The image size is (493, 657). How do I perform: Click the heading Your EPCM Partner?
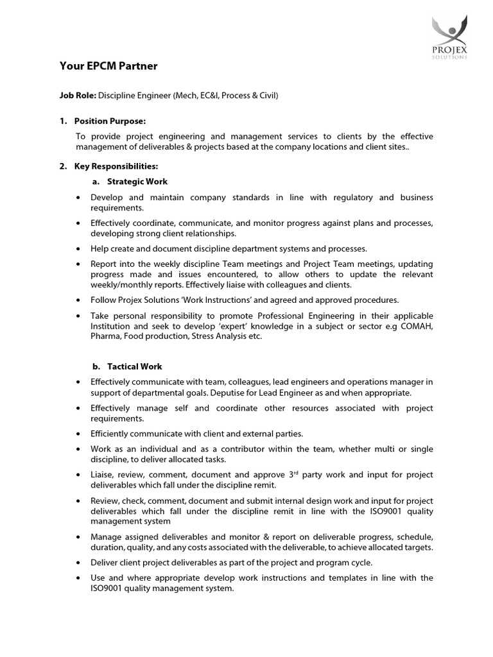108,66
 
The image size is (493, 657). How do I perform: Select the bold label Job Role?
78,96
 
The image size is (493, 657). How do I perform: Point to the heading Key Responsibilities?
116,166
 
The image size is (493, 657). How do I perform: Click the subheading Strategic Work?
137,182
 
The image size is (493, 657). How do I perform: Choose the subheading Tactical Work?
135,366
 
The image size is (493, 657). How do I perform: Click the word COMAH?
416,327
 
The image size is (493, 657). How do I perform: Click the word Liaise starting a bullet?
103,475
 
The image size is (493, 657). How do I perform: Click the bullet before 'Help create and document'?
78,248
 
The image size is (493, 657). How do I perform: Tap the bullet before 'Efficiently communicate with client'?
78,434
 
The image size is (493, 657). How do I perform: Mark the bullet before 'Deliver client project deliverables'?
78,563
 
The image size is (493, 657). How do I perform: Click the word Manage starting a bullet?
107,536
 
